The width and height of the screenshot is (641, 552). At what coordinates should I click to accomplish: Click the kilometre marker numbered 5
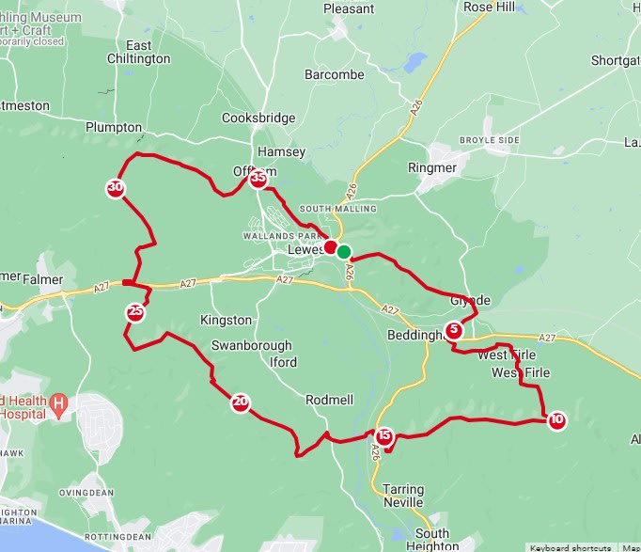[454, 330]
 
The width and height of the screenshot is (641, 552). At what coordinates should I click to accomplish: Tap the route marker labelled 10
[556, 420]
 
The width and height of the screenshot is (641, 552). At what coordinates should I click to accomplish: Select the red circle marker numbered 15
[383, 436]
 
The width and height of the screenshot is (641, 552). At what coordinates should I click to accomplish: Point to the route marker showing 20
[241, 403]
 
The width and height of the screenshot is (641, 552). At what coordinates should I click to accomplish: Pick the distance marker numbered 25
[135, 312]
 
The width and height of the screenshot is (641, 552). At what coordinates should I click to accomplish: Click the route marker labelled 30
[116, 188]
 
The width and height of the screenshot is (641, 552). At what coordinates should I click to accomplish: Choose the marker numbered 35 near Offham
[258, 179]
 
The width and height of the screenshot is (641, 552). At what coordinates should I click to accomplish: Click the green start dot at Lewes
[344, 251]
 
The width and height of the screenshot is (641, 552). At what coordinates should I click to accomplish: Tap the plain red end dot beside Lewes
[331, 247]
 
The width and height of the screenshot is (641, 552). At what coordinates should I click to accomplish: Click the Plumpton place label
[113, 127]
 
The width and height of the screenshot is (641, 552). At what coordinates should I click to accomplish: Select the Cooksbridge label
[258, 118]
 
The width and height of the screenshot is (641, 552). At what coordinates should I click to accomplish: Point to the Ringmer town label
[432, 168]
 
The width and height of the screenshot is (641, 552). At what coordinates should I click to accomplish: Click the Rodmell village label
[330, 400]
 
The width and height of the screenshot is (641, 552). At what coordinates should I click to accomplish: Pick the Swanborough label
[252, 345]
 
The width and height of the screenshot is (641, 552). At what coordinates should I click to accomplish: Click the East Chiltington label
[139, 52]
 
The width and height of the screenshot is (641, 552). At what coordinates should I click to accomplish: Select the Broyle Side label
[489, 140]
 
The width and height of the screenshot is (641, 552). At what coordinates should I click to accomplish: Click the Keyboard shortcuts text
[570, 547]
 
